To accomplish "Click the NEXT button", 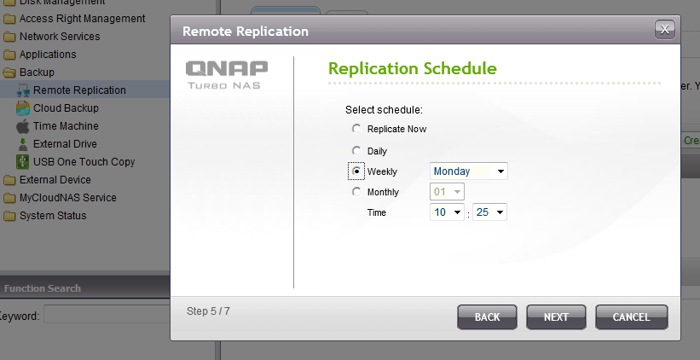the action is [x=556, y=317].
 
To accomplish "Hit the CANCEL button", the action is [x=631, y=317].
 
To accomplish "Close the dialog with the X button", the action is [x=665, y=30].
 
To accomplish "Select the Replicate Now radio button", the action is [x=356, y=129].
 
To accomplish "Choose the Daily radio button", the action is [x=356, y=151].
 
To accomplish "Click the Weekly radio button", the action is [x=356, y=171].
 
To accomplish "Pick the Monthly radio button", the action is [x=356, y=192].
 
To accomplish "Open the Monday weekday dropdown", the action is [x=469, y=171].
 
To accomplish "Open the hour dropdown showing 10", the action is [x=447, y=212].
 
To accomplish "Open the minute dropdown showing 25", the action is [x=489, y=212].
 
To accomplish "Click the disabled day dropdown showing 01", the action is [x=447, y=192].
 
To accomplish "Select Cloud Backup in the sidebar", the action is [x=57, y=108].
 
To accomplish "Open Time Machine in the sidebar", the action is [x=57, y=126].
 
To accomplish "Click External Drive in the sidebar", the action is [x=56, y=144].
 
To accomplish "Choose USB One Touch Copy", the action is [x=75, y=162].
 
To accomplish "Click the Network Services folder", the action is [x=51, y=37].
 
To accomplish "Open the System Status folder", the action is [x=44, y=216].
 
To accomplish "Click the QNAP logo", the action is [x=227, y=75].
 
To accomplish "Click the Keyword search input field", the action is [x=107, y=315].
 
